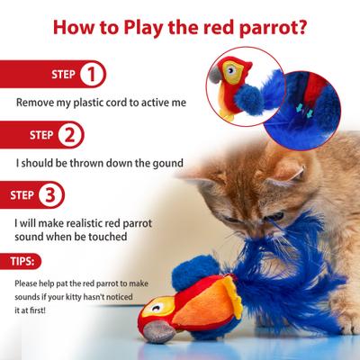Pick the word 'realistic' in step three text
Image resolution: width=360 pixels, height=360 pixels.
[84, 222]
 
